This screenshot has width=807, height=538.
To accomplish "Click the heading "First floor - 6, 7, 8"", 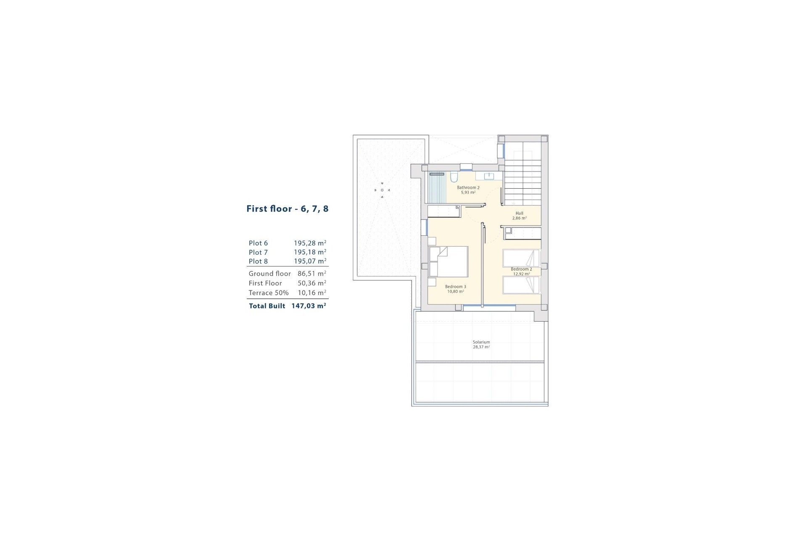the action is (287, 209).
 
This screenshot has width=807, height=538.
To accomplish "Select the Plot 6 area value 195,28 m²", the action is (310, 243).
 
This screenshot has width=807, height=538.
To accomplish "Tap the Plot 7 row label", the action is (258, 252).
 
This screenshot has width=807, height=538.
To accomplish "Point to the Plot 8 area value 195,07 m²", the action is (310, 261).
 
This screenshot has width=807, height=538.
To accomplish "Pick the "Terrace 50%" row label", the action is (269, 293).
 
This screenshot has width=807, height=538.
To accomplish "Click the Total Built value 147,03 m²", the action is (309, 306).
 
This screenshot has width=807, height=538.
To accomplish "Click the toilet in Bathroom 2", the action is (454, 177).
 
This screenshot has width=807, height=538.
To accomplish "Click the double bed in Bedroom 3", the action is (448, 262).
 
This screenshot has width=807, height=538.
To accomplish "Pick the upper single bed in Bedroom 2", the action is (521, 258).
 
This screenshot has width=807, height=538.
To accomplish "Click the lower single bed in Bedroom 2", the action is (521, 285).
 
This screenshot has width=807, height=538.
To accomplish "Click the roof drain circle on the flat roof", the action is (382, 190).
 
